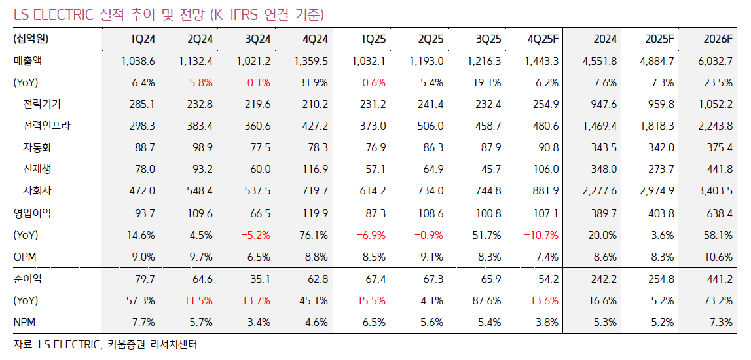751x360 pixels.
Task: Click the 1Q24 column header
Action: click(143, 39)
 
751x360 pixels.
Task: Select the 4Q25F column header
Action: click(543, 39)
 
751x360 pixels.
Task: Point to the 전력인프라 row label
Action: click(46, 126)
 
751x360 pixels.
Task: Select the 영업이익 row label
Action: click(32, 213)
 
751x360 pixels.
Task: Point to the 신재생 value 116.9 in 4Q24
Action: click(315, 170)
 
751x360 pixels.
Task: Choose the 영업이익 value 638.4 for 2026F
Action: click(719, 213)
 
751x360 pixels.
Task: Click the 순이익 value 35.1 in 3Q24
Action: click(260, 279)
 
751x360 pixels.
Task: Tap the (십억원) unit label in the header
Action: click(31, 39)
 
